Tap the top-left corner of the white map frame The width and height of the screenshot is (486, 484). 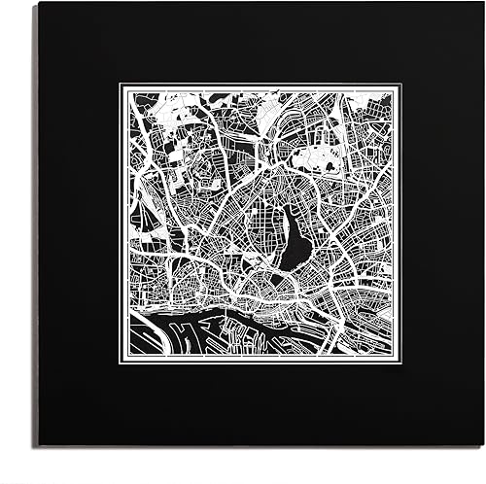tap(121, 85)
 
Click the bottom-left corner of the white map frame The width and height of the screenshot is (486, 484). tap(121, 367)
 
